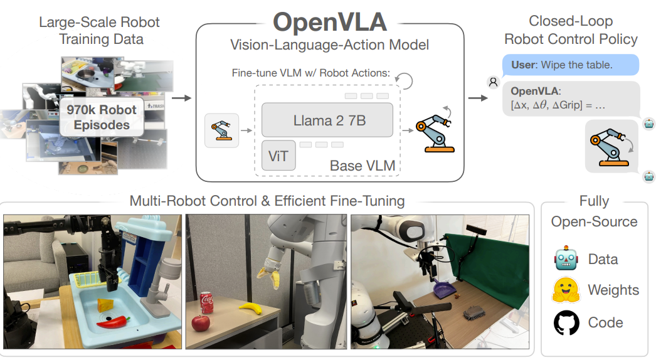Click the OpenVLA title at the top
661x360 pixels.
coord(330,22)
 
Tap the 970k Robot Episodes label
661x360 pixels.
coord(101,117)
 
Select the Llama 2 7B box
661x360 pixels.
coord(327,120)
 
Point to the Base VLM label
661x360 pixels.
coord(362,166)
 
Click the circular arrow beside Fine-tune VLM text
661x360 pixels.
coord(406,80)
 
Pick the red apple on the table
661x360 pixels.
coord(200,322)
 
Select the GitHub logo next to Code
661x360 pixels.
coord(566,322)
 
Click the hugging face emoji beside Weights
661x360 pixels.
coord(566,290)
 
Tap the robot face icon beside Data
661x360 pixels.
coord(566,259)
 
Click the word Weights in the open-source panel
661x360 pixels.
coord(613,290)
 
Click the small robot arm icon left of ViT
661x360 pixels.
coord(221,130)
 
